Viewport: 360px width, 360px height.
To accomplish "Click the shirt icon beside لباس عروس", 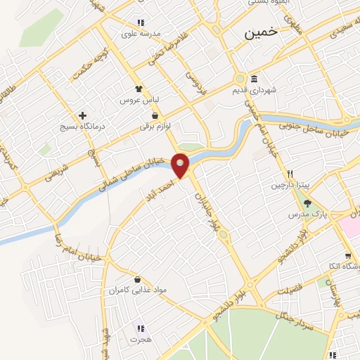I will (x=139, y=89).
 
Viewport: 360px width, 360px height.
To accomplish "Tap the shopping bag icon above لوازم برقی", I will (x=155, y=116).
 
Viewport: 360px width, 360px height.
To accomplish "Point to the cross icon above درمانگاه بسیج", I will (x=83, y=115).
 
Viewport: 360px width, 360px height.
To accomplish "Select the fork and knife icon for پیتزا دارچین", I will (x=289, y=174).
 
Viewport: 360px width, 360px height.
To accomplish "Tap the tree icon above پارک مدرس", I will (x=307, y=203).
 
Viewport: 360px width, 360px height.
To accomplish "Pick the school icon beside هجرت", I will (x=141, y=328).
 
